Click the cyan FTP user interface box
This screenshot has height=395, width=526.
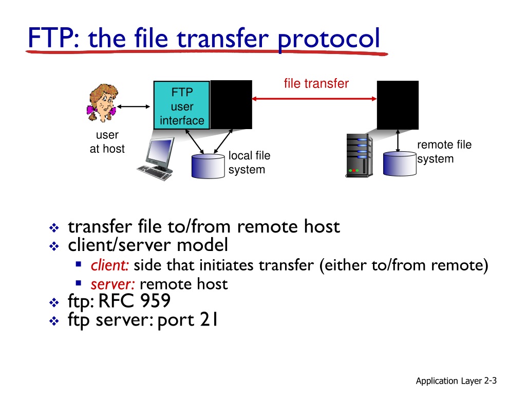(x=182, y=105)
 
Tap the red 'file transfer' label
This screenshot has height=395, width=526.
(x=316, y=83)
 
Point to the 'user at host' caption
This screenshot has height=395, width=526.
(x=107, y=142)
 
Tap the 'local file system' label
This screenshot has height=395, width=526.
(x=249, y=163)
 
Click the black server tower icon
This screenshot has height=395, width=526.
(x=359, y=155)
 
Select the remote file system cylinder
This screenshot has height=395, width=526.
(x=399, y=163)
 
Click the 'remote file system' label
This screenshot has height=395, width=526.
(x=444, y=152)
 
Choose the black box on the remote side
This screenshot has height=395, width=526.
(x=398, y=105)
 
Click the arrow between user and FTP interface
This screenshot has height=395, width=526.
(x=133, y=106)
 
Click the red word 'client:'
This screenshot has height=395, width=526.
(x=110, y=265)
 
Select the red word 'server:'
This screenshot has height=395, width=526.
(x=113, y=284)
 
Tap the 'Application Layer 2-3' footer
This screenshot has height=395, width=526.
(x=456, y=381)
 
